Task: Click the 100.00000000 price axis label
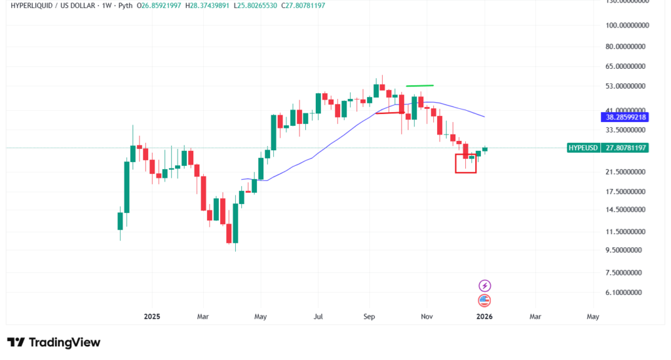click(626, 26)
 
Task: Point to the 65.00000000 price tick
click(626, 66)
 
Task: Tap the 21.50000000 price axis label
click(626, 172)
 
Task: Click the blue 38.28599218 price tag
click(624, 117)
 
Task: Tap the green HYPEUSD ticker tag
click(583, 148)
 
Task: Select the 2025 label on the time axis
click(152, 316)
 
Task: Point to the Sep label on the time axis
click(368, 316)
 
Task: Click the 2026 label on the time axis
click(484, 316)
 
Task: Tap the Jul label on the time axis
click(318, 316)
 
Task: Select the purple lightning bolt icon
click(484, 286)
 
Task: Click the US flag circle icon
click(484, 301)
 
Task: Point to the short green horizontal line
click(420, 85)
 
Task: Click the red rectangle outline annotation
click(466, 163)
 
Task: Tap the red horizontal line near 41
click(389, 113)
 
